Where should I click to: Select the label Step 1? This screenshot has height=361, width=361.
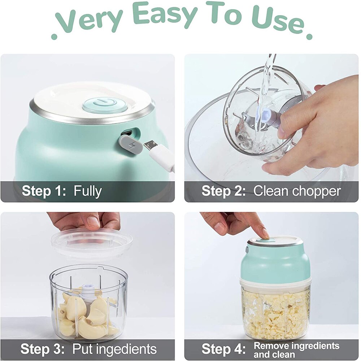[x=44, y=191]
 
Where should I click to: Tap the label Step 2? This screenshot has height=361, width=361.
[x=223, y=191]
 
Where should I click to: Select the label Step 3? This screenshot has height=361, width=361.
[x=42, y=349]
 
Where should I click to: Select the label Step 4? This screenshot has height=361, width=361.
[x=223, y=349]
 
